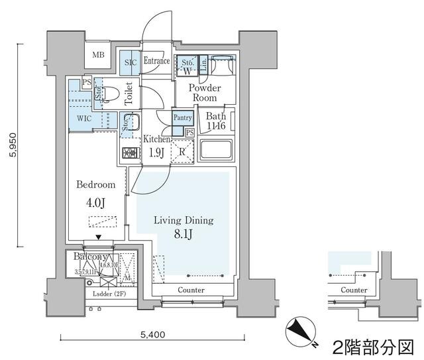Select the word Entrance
(x=157, y=61)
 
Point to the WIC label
(x=84, y=118)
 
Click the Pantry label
(x=182, y=118)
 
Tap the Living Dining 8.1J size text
(x=184, y=233)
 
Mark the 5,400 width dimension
(x=154, y=335)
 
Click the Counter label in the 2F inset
(x=354, y=290)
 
